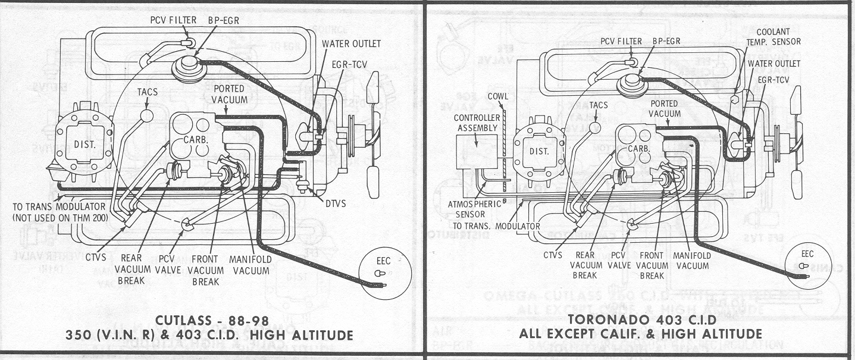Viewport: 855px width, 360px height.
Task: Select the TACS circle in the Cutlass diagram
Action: [146, 113]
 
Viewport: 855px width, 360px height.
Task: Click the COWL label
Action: [498, 96]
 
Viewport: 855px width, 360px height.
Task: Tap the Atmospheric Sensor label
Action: [467, 209]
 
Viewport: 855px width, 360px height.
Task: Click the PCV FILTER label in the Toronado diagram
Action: [621, 41]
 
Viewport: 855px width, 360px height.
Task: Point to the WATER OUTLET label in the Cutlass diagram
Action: [352, 44]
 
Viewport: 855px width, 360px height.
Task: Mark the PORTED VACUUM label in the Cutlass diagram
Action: [228, 93]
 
